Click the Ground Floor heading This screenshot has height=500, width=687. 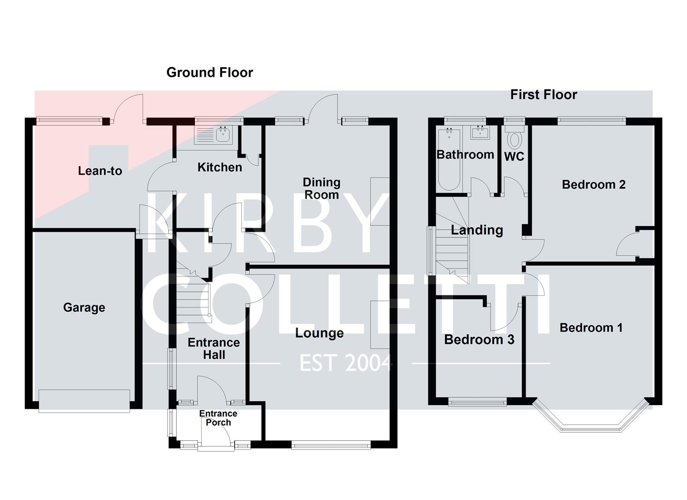point(210,73)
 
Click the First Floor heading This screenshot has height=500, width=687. point(544,95)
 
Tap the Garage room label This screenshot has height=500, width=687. point(84,307)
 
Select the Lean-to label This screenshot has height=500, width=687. point(100,171)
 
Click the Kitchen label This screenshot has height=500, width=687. point(220,167)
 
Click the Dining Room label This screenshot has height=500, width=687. point(322,188)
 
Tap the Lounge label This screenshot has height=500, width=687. point(319,333)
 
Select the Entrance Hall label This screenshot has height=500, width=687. point(214,349)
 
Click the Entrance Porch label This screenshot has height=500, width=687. point(218,418)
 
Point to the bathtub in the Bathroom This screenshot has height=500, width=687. point(448,159)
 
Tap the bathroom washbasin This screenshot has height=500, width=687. point(480,133)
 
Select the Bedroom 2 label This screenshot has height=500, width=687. point(594,185)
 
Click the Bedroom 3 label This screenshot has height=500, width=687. point(479,339)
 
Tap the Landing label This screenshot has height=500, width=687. point(477,230)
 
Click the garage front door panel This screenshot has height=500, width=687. point(84,400)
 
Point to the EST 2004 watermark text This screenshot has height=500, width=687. point(346,363)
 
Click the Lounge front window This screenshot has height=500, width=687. point(331,445)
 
